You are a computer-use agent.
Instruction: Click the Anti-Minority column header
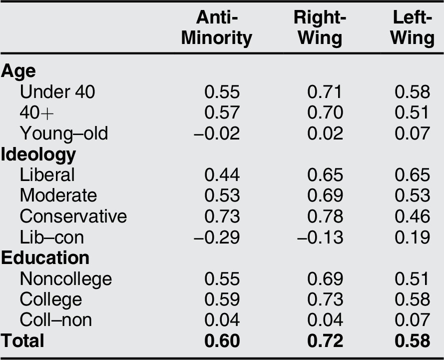point(216,27)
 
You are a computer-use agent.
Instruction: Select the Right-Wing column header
point(318,27)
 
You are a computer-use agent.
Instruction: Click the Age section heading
point(18,71)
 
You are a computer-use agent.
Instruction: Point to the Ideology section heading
point(38,154)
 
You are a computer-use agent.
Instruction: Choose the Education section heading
point(45,257)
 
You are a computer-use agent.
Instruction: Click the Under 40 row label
point(57,92)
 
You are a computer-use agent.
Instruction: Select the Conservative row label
point(73,216)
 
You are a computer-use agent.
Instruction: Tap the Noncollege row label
point(66,278)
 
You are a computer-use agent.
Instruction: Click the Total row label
point(22,340)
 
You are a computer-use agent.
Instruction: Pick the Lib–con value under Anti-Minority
point(217,237)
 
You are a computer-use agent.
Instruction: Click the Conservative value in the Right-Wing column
point(325,216)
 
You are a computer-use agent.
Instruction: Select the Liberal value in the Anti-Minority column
point(222,175)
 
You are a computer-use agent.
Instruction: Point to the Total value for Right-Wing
point(325,340)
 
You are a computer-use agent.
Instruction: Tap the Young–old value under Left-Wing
point(412,133)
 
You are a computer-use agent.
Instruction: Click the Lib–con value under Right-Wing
point(320,237)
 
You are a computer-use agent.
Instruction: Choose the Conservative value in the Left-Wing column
point(412,216)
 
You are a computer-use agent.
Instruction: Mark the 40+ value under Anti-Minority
point(222,113)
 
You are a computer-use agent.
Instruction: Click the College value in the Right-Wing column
point(325,299)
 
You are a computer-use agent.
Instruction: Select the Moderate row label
point(58,195)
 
